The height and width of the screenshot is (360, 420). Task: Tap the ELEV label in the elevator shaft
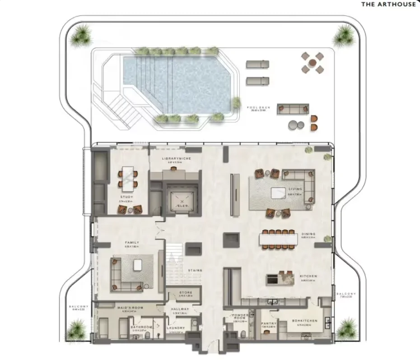pos(182,205)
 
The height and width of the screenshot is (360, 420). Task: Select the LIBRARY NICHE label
pos(174,159)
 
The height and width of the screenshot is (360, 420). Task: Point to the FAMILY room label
pos(131,243)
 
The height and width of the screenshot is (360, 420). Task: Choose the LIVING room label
pos(296,189)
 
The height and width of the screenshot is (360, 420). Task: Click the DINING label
pos(309,234)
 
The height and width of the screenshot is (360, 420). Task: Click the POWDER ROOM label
pos(239,316)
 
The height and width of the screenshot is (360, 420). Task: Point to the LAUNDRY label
pos(176,328)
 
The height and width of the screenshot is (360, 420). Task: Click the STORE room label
pos(180,293)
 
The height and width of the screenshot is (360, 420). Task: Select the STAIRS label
pos(195,270)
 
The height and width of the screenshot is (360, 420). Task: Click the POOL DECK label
pos(258,108)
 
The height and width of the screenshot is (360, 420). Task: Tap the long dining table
pos(278,239)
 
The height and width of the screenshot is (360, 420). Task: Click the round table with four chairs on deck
pos(313,63)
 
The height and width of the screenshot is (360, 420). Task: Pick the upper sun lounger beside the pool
pos(257,64)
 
